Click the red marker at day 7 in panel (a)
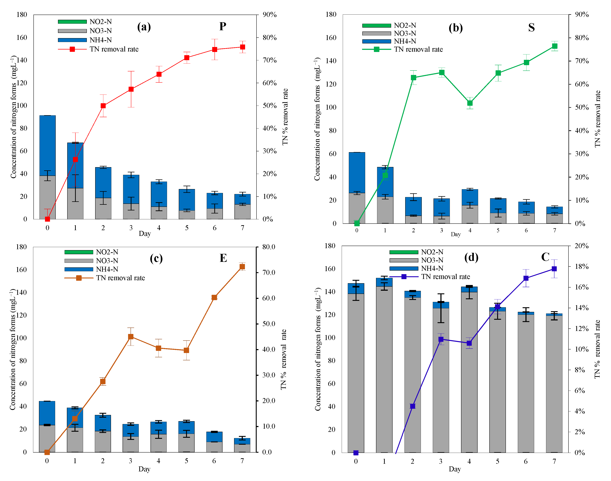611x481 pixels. coord(242,47)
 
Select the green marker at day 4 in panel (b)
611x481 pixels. coord(470,103)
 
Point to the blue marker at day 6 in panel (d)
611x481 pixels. coord(526,278)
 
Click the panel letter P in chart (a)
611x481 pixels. coord(223,27)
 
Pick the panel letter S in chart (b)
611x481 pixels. coord(531,28)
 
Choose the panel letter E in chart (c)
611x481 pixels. coord(223,258)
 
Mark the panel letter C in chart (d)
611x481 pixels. coord(545,257)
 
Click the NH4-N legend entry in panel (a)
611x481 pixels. coord(100,40)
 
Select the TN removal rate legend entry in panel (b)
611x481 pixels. coord(418,49)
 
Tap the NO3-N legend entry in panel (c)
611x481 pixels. coord(107,261)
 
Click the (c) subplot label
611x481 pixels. coord(156,258)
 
